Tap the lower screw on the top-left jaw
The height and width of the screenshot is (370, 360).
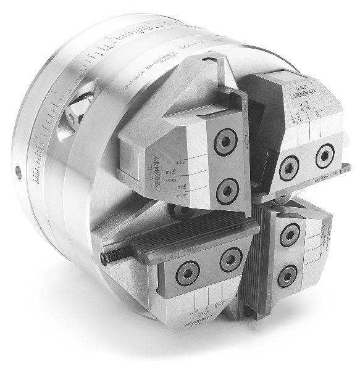227,186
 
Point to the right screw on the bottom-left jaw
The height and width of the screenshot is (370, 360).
231,260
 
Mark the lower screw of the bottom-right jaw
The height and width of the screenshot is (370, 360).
287,274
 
